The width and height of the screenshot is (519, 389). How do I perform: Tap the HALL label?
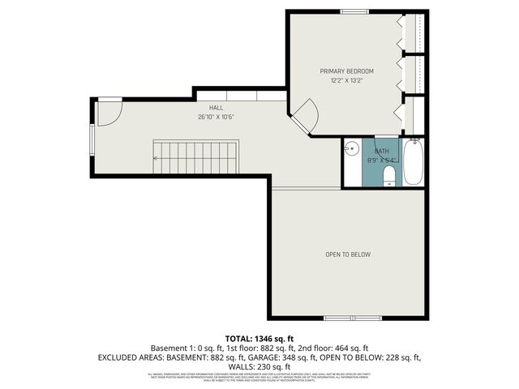(216, 107)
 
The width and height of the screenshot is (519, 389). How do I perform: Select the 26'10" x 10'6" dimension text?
(216, 116)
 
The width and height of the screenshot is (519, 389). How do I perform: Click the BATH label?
(381, 152)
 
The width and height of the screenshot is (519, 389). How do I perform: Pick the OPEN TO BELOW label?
(348, 254)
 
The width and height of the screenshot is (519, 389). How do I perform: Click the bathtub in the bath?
(414, 162)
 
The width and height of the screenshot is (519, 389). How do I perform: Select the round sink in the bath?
(351, 149)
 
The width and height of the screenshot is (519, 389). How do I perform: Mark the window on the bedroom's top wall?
(354, 11)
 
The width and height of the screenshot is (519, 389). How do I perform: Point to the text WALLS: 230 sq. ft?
(259, 366)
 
